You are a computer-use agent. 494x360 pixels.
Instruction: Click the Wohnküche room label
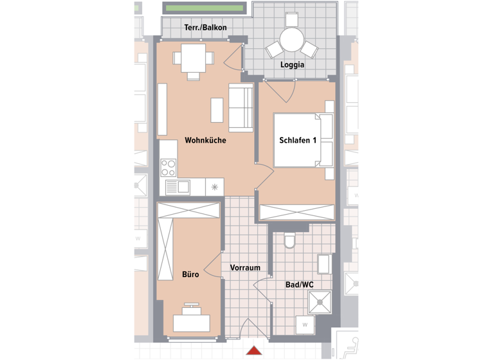point(205,139)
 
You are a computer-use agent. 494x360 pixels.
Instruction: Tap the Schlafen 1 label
point(298,141)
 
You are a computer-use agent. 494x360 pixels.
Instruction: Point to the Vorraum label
point(245,268)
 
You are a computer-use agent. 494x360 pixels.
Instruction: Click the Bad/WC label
point(299,283)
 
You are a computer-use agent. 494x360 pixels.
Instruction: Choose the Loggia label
point(292,65)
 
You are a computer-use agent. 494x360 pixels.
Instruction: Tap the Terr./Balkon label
point(205,28)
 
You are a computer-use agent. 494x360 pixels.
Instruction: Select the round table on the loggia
point(292,39)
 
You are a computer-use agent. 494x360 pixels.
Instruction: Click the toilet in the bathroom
point(289,240)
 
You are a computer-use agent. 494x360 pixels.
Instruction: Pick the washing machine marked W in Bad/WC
point(305,325)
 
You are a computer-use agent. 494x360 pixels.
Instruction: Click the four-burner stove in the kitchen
point(169,168)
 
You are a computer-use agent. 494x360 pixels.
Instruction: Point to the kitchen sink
point(177,187)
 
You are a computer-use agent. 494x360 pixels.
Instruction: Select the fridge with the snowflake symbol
point(214,187)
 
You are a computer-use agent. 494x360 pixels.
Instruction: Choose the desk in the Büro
point(191,320)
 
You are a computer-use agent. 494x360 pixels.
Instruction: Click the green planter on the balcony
point(205,8)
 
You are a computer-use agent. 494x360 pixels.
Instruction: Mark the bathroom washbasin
point(324,264)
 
